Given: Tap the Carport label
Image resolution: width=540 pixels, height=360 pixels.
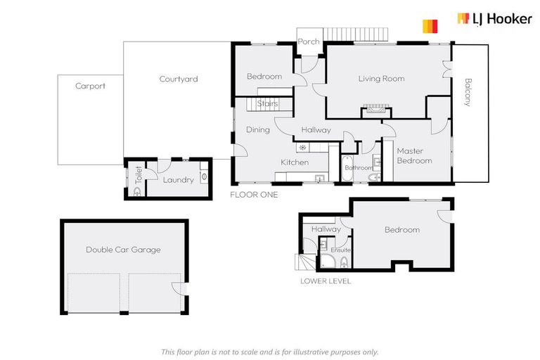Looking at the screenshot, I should coord(90,86).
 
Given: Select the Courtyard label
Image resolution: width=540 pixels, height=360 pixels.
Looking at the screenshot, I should coord(178,79).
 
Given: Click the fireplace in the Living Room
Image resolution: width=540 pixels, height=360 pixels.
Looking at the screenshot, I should coord(373,110).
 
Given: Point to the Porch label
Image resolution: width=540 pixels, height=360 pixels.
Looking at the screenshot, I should coord(309,41).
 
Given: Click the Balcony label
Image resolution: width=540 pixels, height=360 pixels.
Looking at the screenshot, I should coord(468,92).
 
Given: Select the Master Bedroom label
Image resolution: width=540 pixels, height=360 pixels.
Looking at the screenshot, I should coord(414,155).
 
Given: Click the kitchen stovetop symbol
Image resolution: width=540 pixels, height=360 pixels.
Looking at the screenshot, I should coord(302,148).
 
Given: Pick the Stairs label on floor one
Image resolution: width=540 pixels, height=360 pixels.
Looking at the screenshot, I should coord(267,104).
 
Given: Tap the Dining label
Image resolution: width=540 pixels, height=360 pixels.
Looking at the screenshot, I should coord(257,129).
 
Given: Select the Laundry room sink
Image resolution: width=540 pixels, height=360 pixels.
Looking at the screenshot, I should coord(204,177).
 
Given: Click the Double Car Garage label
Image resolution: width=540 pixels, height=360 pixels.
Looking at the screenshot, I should coord(123,249).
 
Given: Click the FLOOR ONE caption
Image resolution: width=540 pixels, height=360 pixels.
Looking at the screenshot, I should coord(255,195).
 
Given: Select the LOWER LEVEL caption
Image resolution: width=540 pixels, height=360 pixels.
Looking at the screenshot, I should coord(326,281).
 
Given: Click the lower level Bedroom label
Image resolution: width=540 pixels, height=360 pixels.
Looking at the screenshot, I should coord(401,229).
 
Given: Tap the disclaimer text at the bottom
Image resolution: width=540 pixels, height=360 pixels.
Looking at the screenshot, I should coord(269,352).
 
